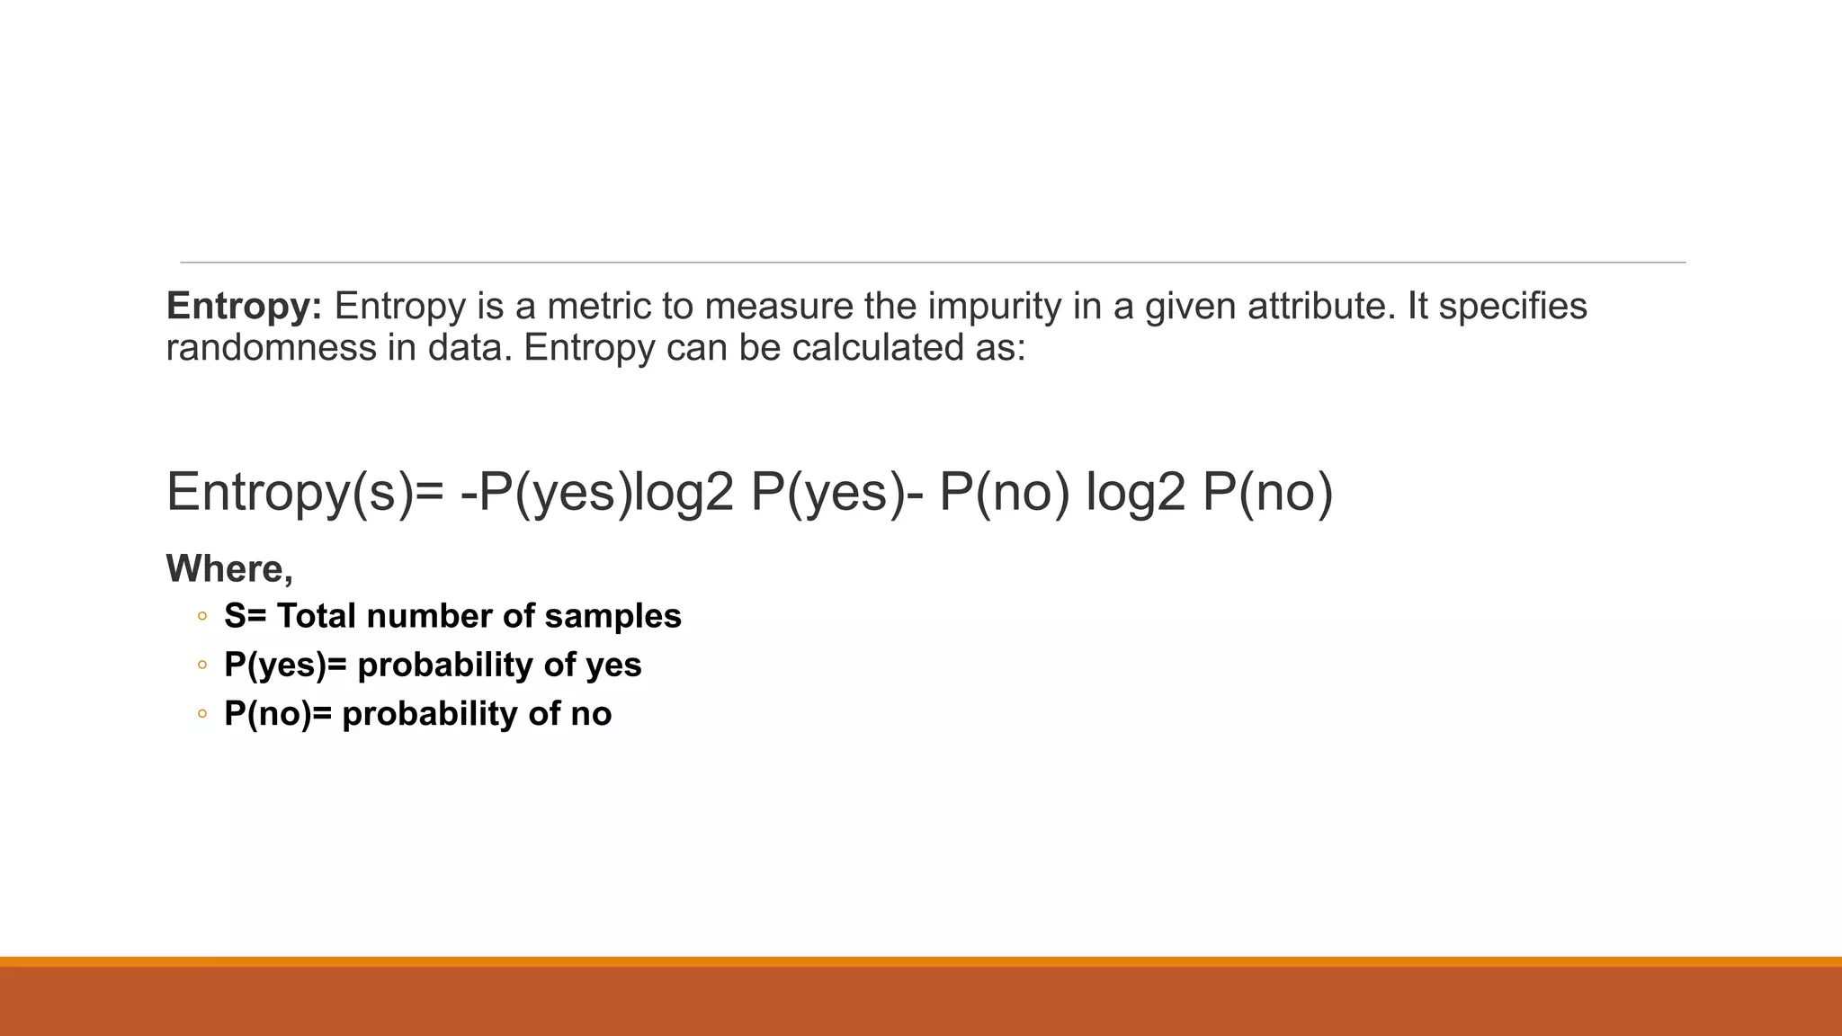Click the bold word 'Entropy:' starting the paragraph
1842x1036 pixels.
tap(244, 307)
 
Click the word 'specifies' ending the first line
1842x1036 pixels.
tap(1513, 307)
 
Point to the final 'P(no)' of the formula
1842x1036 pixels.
tap(1267, 493)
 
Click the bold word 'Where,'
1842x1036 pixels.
tap(229, 568)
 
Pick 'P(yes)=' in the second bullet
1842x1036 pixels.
tap(285, 665)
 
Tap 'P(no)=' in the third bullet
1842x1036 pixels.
tap(278, 714)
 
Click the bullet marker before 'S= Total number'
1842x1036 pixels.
tap(202, 617)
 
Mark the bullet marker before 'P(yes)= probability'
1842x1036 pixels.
tap(202, 666)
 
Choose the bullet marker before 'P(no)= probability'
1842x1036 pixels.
tap(202, 715)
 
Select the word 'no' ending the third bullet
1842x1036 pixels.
tap(591, 714)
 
